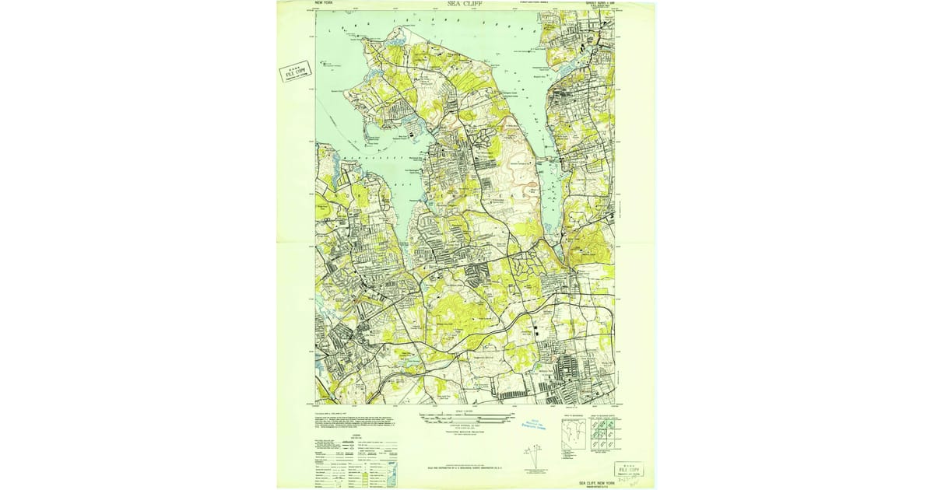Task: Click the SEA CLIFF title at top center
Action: [465, 4]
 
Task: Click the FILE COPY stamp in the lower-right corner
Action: [629, 470]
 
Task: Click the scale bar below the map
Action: [465, 418]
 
